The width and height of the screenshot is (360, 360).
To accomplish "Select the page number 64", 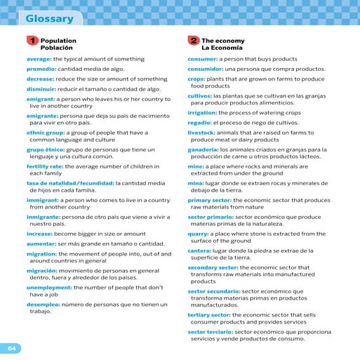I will pos(11,348).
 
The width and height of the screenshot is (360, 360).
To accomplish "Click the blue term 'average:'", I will pos(39,60).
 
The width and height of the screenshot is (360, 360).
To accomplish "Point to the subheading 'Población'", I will pos(57,48).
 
